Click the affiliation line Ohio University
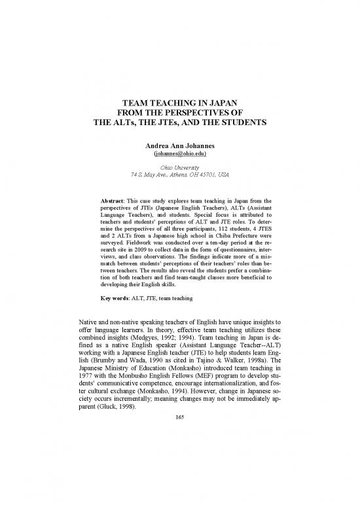pos(180,167)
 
